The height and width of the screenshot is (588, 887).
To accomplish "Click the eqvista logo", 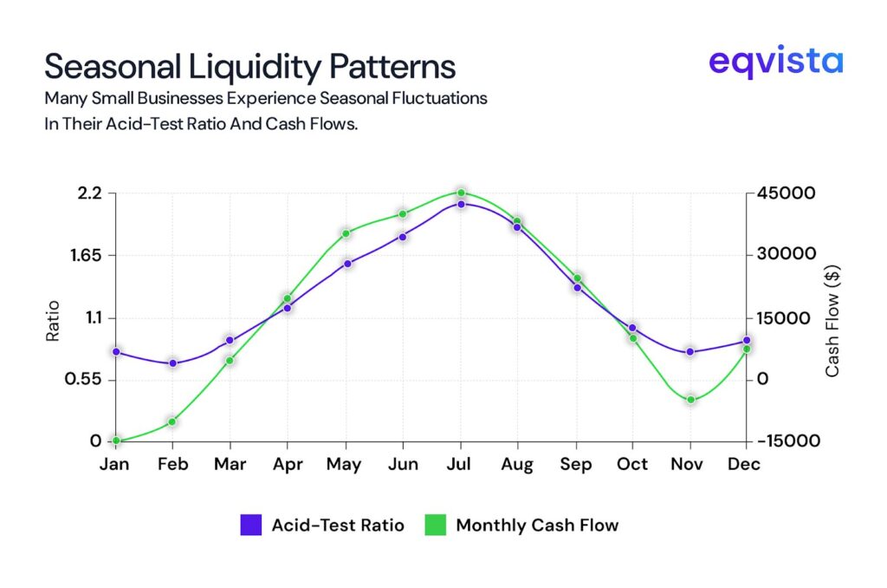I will point(774,62).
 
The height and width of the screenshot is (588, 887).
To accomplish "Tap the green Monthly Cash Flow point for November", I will point(690,400).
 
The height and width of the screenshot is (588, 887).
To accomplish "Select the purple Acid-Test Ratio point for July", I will point(461,204).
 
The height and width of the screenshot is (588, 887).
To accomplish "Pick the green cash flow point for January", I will point(115,441).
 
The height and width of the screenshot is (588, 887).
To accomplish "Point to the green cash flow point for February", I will point(172,421).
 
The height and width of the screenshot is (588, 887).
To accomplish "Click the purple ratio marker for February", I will point(172,363).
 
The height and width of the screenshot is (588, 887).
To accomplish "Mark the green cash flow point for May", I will point(346,233).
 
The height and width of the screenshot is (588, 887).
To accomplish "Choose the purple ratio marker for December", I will point(746,340).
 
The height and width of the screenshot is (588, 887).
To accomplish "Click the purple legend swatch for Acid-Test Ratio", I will point(250,525).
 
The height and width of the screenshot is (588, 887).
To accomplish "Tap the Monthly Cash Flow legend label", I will point(537,525).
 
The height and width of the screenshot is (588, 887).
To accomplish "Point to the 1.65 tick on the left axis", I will point(86,255).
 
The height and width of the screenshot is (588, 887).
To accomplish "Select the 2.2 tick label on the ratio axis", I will point(90,193).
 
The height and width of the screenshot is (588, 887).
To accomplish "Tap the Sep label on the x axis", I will point(575,465).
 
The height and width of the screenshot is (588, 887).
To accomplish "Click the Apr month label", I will point(288,465).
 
